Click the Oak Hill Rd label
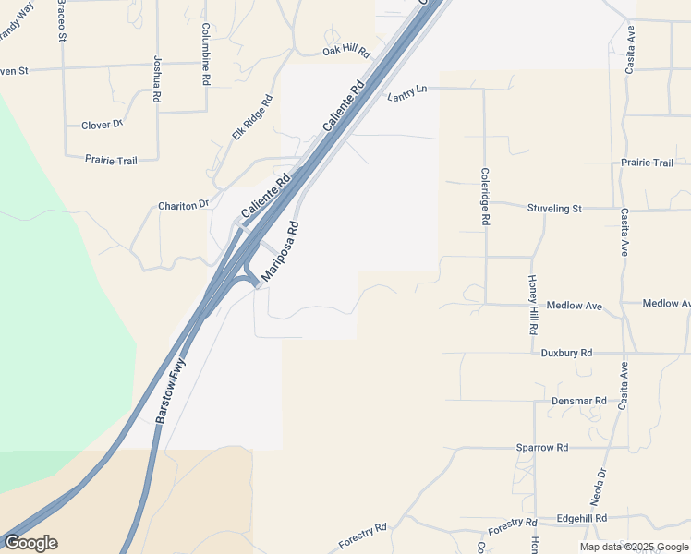pyautogui.click(x=345, y=53)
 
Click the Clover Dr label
pyautogui.click(x=102, y=125)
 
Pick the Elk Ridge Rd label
pyautogui.click(x=252, y=117)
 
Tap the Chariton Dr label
pyautogui.click(x=184, y=205)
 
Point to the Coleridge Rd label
pyautogui.click(x=484, y=197)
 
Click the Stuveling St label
pyautogui.click(x=554, y=209)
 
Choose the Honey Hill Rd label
pyautogui.click(x=533, y=304)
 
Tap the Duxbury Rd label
pyautogui.click(x=566, y=353)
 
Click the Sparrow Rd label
pyautogui.click(x=542, y=448)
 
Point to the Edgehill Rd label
pyautogui.click(x=582, y=519)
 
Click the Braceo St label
pyautogui.click(x=61, y=20)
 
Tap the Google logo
pyautogui.click(x=30, y=543)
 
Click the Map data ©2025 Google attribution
pyautogui.click(x=635, y=547)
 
